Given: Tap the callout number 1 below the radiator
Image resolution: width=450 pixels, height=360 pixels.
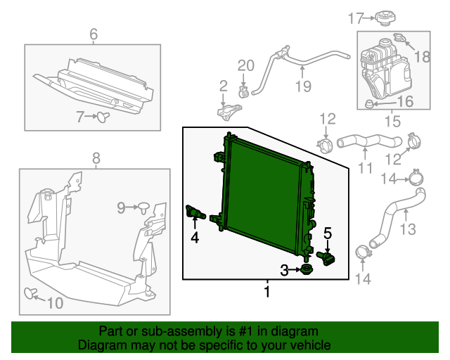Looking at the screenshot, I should [x=267, y=290].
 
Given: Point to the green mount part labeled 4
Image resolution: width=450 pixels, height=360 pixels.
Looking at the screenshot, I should [x=193, y=211].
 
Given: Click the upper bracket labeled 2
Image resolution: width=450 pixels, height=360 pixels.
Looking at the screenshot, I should [x=226, y=112].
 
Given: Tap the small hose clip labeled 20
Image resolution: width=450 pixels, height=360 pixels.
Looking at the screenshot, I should [x=245, y=91].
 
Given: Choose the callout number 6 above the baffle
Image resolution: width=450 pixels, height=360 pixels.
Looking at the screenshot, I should [x=93, y=33].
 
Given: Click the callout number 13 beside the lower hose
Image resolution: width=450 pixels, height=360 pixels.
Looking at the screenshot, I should [x=408, y=229].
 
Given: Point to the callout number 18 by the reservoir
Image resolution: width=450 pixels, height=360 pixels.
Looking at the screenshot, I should [x=423, y=56].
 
